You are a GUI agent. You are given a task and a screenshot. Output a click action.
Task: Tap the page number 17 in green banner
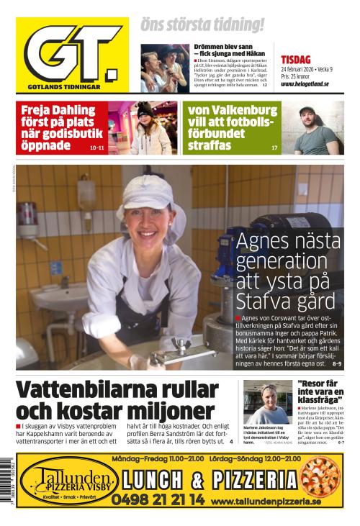click(274, 148)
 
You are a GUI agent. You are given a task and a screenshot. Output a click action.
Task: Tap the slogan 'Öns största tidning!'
click(202, 24)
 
